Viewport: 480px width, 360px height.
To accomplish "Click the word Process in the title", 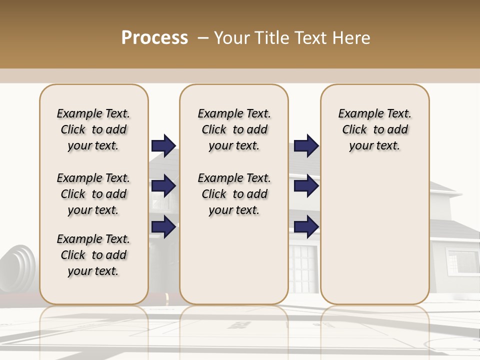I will click(x=154, y=38).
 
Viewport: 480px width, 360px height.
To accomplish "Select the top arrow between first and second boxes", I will click(x=163, y=145).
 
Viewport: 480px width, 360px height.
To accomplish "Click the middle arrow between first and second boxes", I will click(x=163, y=186).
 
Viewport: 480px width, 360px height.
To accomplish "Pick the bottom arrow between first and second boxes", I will click(x=163, y=226).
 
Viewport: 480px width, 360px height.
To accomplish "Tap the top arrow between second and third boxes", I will click(x=306, y=145).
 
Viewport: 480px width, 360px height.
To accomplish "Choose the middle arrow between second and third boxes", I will click(x=306, y=186).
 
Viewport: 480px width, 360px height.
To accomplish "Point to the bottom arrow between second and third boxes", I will click(x=306, y=226).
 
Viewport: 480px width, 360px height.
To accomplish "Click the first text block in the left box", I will click(x=93, y=129).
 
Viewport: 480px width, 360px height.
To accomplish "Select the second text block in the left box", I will click(x=93, y=194).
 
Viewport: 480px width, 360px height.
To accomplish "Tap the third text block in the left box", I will click(x=93, y=255).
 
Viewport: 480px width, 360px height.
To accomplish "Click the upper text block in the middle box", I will click(x=234, y=129).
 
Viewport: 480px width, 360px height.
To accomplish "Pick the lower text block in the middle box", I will click(x=234, y=194).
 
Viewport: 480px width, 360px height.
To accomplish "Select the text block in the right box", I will click(x=375, y=129).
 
